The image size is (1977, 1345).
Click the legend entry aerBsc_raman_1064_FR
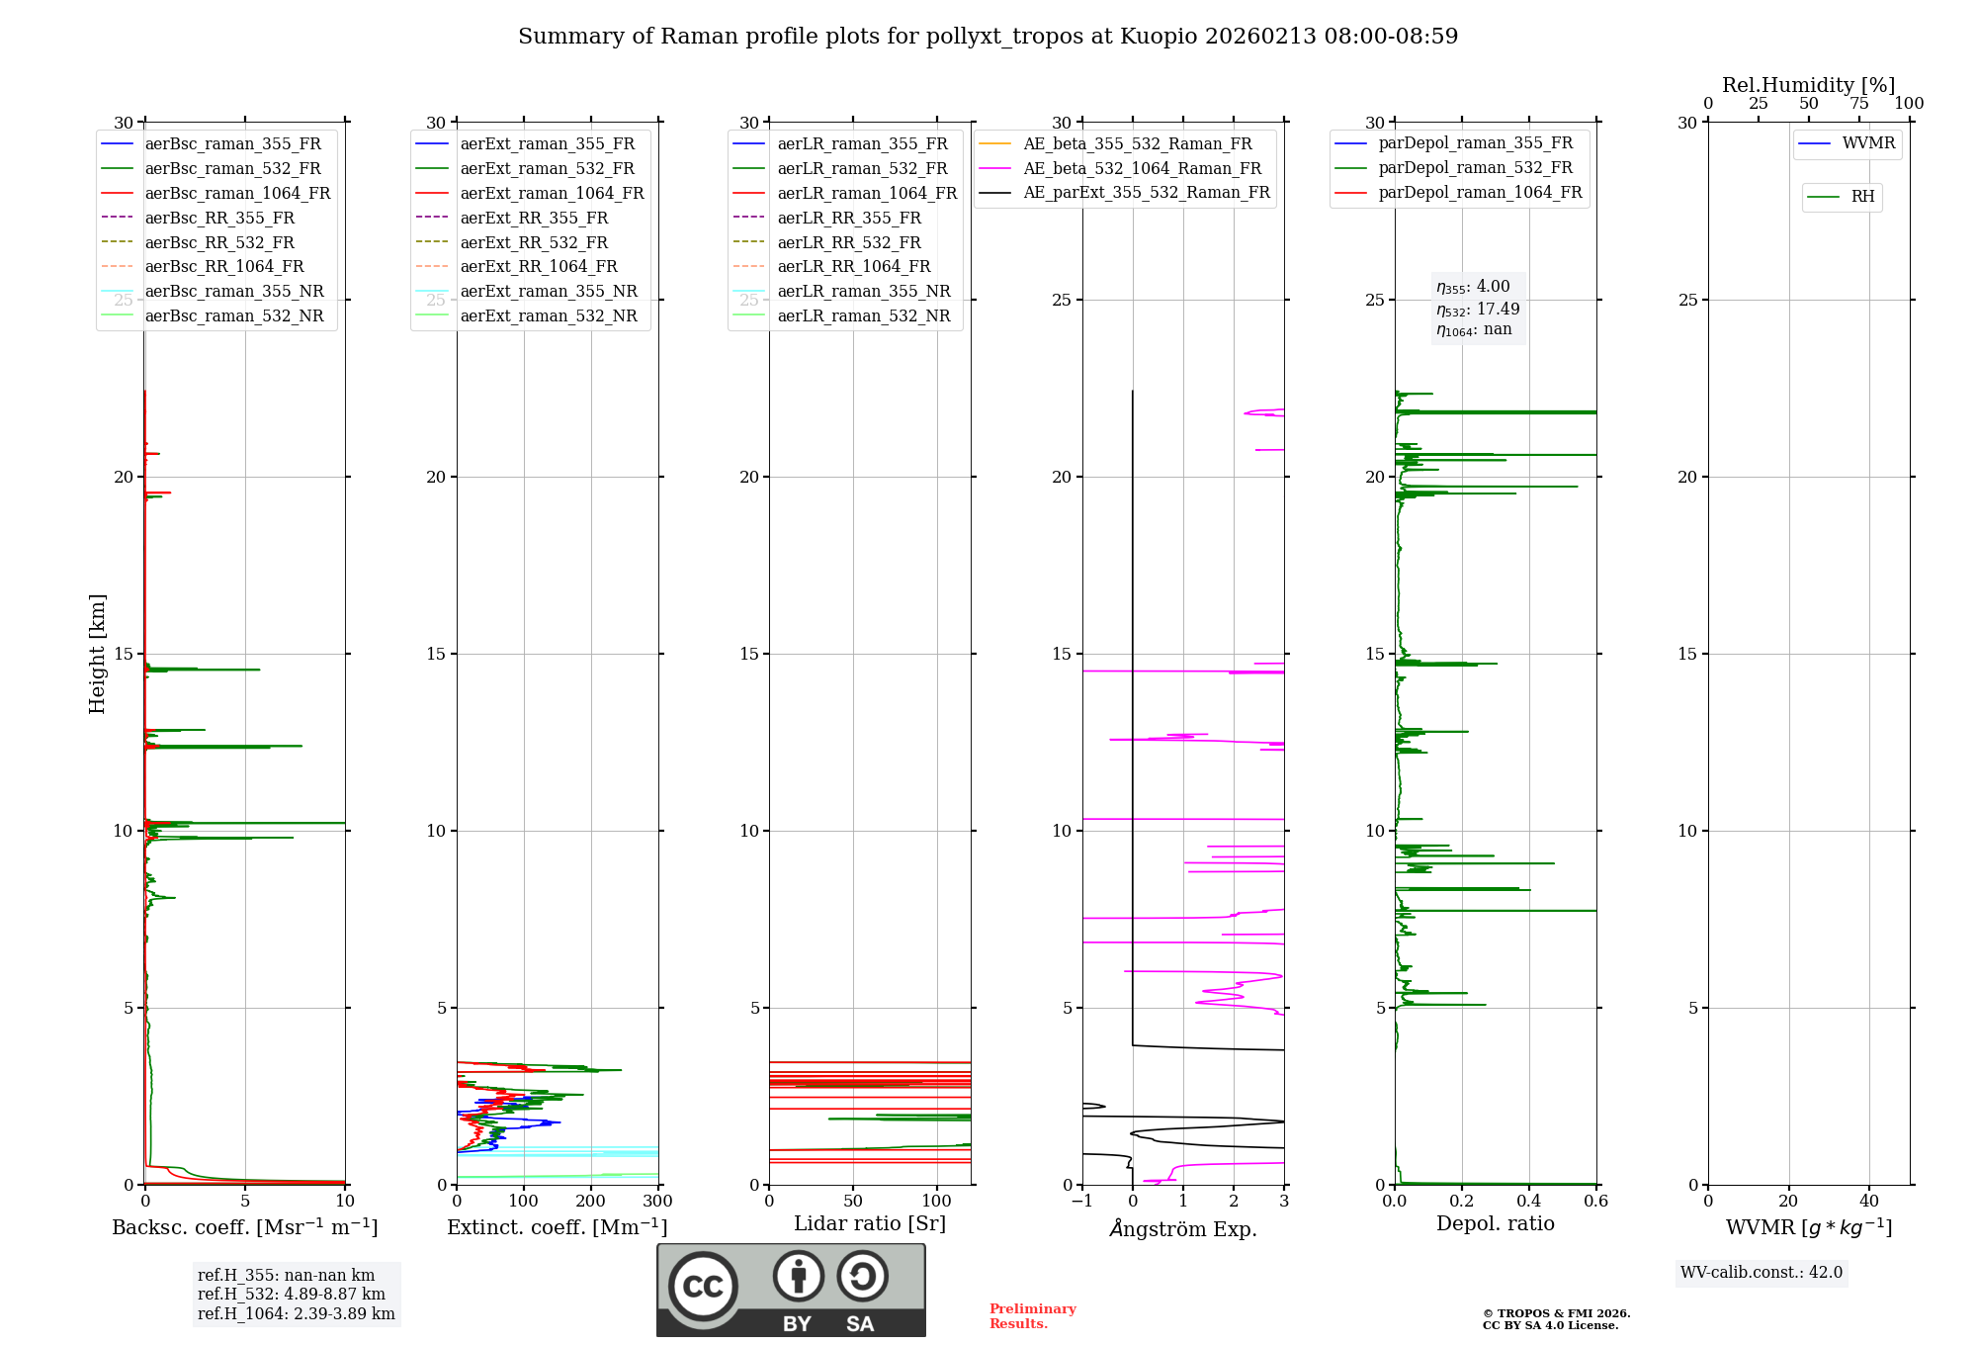click(237, 194)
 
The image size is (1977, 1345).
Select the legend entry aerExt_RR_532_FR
click(534, 243)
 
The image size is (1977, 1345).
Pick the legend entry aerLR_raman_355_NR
click(863, 292)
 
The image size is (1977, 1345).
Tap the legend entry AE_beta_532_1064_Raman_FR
click(1142, 169)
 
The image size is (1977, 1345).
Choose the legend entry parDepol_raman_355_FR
click(1475, 143)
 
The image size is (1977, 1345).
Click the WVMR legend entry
click(1868, 143)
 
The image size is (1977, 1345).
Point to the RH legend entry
click(1862, 197)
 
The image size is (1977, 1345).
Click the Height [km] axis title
click(97, 653)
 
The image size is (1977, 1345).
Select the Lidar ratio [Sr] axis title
click(870, 1223)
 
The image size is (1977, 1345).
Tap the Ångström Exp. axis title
click(1183, 1229)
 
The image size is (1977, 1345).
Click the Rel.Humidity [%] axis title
click(1808, 85)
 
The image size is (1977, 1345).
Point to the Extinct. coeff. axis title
click(558, 1227)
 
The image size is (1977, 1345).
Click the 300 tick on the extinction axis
click(657, 1202)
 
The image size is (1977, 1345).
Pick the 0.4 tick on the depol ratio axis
click(1529, 1202)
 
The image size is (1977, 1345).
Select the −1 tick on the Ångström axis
click(1081, 1202)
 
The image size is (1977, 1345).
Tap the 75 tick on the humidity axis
click(1859, 104)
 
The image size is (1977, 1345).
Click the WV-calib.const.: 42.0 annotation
click(1762, 1273)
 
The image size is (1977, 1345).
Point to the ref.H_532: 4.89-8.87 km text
click(292, 1295)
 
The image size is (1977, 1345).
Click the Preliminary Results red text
click(1032, 1316)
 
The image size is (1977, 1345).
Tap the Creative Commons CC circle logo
click(703, 1286)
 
